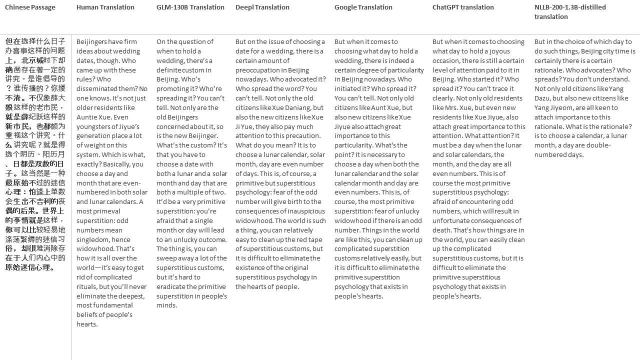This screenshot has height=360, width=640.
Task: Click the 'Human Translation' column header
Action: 105,7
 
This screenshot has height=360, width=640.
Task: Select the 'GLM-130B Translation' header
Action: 190,7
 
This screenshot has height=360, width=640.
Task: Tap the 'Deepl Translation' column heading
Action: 262,7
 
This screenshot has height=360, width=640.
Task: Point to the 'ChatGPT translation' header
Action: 463,7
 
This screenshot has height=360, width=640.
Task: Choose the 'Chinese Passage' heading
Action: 30,7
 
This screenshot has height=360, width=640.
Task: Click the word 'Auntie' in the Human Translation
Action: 87,117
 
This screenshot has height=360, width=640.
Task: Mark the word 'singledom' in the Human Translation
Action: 93,239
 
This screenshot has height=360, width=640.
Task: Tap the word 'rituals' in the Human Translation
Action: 87,286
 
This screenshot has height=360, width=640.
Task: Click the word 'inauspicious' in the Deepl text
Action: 304,211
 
